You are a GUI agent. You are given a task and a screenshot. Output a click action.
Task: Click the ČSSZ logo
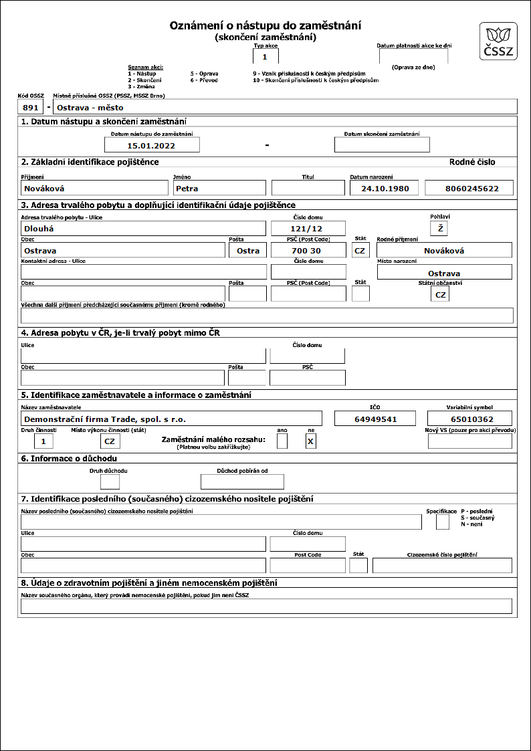[x=498, y=41]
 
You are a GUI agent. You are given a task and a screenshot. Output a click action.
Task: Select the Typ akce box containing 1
[x=265, y=57]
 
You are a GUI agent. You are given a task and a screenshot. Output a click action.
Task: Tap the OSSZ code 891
[x=31, y=107]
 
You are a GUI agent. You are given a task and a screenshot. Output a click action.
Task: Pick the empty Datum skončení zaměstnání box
[x=382, y=144]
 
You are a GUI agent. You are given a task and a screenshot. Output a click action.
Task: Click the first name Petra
[x=219, y=188]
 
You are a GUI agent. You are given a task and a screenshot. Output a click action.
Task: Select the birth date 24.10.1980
[x=385, y=188]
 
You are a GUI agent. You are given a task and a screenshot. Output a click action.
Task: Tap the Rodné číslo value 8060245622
[x=471, y=188]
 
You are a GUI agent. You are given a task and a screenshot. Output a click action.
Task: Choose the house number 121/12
[x=308, y=229]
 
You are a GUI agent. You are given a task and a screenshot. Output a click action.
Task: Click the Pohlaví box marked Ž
[x=439, y=229]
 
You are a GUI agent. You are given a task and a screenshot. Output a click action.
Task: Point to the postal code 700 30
[x=308, y=250]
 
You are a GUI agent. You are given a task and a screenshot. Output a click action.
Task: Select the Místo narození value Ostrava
[x=444, y=273]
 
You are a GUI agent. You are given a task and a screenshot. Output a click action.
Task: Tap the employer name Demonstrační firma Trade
[x=171, y=419]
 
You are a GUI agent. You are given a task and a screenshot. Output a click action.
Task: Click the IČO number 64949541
[x=375, y=419]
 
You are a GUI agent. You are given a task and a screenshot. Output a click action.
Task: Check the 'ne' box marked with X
[x=310, y=441]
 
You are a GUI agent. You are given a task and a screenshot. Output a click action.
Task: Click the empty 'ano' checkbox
[x=282, y=441]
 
